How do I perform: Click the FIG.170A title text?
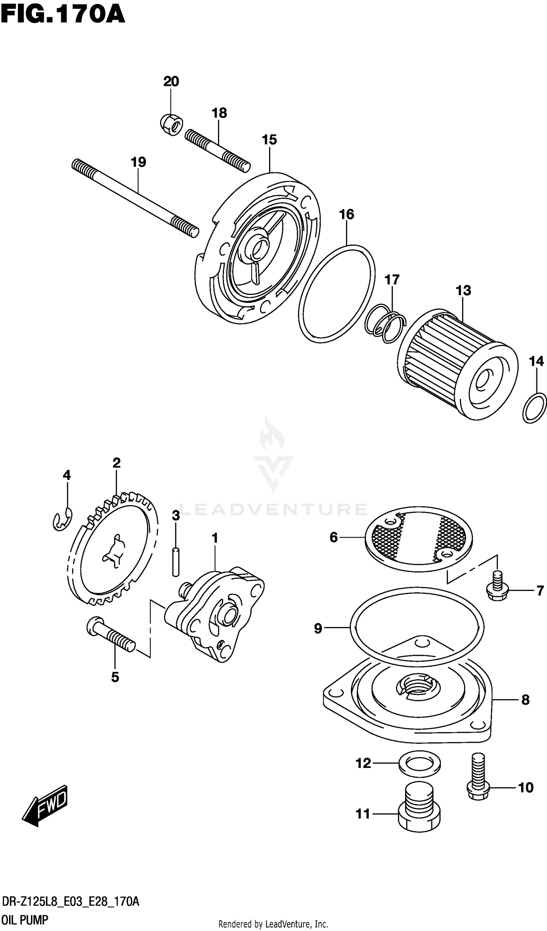[63, 16]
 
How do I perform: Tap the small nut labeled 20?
[171, 124]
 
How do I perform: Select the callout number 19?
[139, 162]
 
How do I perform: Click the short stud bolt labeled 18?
[217, 150]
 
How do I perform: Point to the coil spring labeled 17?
[385, 323]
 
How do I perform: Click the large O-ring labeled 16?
[336, 294]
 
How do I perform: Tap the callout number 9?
[318, 628]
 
